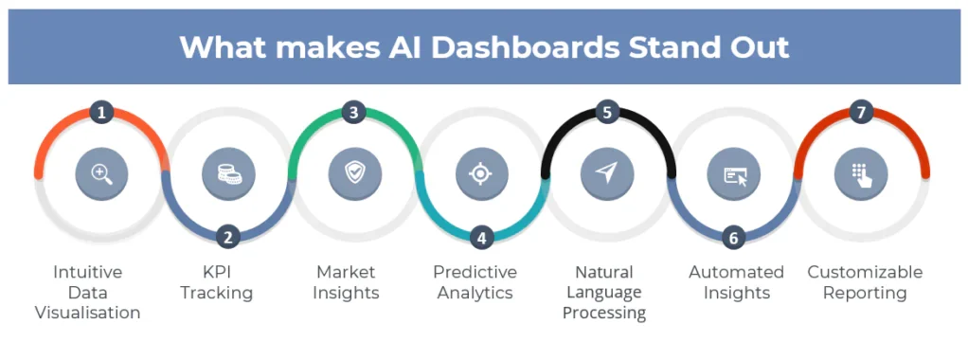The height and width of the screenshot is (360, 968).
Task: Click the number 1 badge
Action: pyautogui.click(x=101, y=113)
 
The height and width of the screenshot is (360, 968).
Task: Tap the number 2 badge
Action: pyautogui.click(x=228, y=237)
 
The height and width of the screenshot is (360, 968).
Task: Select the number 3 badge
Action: pyautogui.click(x=353, y=113)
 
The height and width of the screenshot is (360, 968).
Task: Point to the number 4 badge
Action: pyautogui.click(x=481, y=237)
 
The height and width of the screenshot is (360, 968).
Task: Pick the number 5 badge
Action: pyautogui.click(x=607, y=113)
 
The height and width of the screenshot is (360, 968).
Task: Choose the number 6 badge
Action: pyautogui.click(x=733, y=237)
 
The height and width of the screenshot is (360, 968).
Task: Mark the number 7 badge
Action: pyautogui.click(x=861, y=113)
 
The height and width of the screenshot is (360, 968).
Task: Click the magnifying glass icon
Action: pyautogui.click(x=102, y=174)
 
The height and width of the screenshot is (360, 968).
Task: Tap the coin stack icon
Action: pyautogui.click(x=228, y=174)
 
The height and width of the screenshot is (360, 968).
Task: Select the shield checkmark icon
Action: pyautogui.click(x=353, y=174)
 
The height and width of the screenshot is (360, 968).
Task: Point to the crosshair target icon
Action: pyautogui.click(x=481, y=174)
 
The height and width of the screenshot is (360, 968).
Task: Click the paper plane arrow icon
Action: pyautogui.click(x=607, y=173)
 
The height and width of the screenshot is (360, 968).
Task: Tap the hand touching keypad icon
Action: pyautogui.click(x=861, y=174)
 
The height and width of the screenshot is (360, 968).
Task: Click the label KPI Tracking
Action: pyautogui.click(x=217, y=282)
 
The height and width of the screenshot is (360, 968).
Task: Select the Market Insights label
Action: pyautogui.click(x=346, y=282)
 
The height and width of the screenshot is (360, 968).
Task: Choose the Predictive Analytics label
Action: pyautogui.click(x=475, y=282)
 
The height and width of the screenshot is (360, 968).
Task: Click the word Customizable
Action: pyautogui.click(x=865, y=272)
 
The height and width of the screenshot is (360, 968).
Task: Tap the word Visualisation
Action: pyautogui.click(x=88, y=313)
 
